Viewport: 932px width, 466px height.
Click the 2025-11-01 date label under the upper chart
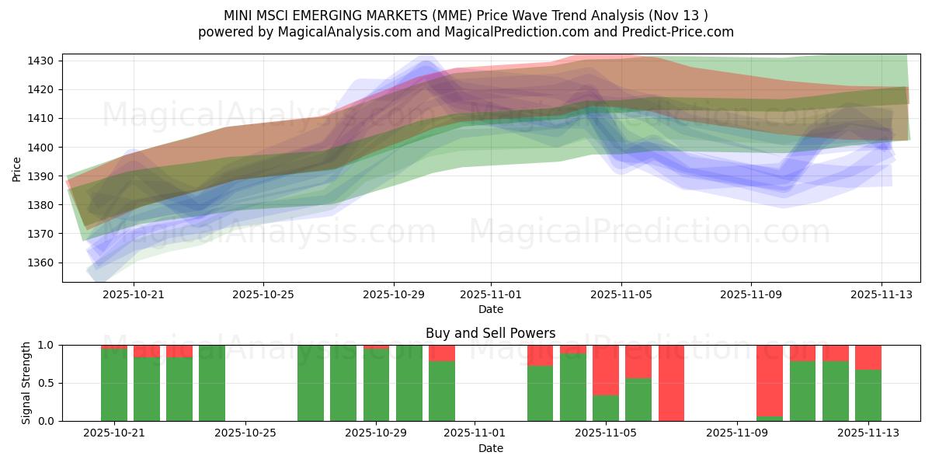(x=491, y=295)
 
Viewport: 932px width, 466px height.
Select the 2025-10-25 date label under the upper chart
(x=263, y=295)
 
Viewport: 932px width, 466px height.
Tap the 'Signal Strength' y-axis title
(x=26, y=383)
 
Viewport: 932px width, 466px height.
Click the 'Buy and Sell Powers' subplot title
(x=490, y=333)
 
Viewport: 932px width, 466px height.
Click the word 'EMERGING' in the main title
(x=349, y=15)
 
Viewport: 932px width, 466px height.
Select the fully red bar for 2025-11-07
(x=671, y=383)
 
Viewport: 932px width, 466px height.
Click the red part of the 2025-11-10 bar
(x=770, y=380)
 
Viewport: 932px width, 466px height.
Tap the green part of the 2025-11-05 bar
(x=606, y=408)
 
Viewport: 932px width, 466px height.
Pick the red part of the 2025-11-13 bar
(x=868, y=356)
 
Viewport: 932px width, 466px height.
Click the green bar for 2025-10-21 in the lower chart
(x=114, y=384)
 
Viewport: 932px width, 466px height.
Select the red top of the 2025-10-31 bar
(x=442, y=353)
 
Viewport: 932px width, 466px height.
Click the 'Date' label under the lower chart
(x=490, y=448)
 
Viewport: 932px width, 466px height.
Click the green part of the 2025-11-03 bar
(x=540, y=393)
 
